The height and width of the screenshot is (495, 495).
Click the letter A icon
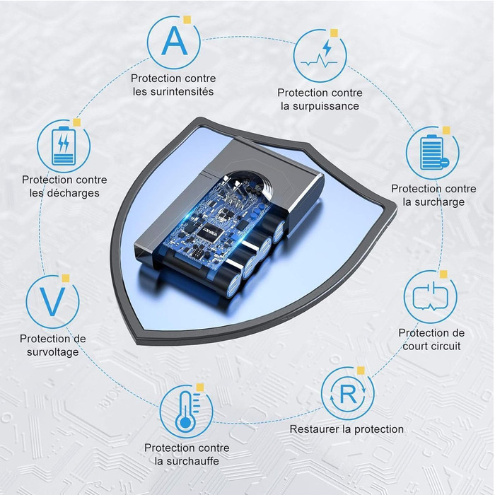tap(174, 41)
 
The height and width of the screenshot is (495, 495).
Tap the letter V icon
tap(52, 301)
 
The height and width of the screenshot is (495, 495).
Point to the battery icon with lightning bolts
tap(64, 146)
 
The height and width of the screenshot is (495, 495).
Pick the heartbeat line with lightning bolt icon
tap(320, 56)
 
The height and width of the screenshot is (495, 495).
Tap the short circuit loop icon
tap(430, 296)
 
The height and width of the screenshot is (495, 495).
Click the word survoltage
tap(53, 351)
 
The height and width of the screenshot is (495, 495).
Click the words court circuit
tap(431, 346)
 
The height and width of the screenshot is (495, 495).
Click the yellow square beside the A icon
tap(187, 20)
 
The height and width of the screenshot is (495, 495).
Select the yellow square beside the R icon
tap(361, 371)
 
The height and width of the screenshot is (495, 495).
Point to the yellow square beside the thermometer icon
tap(200, 388)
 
